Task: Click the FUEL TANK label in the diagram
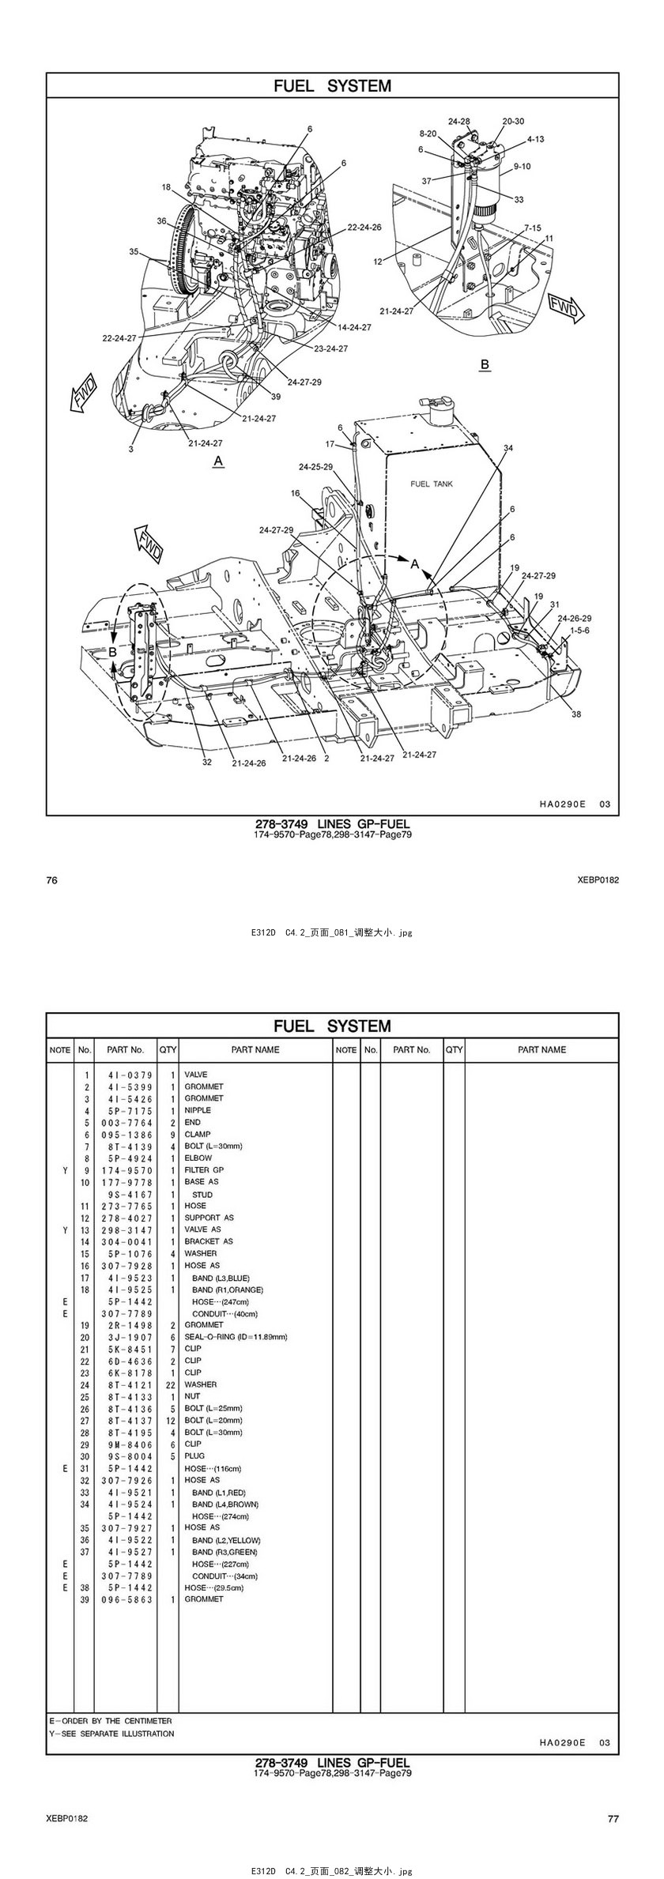point(432,484)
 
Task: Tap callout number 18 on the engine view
point(166,187)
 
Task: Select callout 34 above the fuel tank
point(508,448)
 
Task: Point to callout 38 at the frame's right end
point(576,714)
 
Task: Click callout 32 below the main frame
point(207,762)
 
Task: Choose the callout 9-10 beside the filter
point(522,167)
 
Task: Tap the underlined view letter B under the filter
point(485,364)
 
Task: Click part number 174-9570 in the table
point(126,1170)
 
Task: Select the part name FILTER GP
point(204,1170)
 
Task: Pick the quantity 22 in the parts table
point(169,1384)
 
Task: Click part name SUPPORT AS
point(209,1218)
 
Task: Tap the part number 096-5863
point(126,1599)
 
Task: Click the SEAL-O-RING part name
point(236,1337)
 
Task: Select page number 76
point(52,880)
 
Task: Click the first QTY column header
point(168,1050)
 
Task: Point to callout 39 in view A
point(276,397)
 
